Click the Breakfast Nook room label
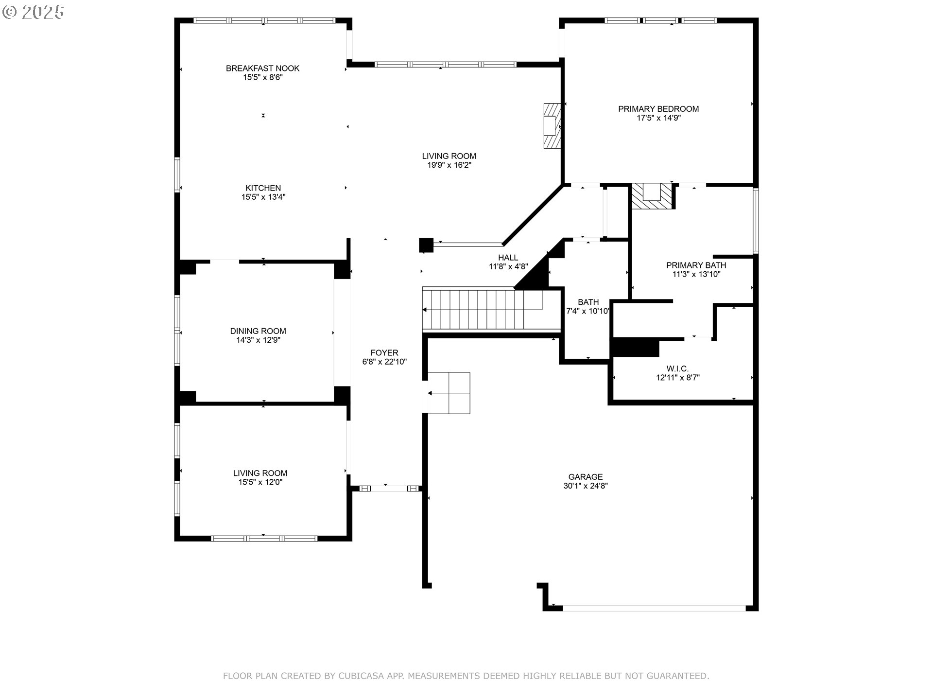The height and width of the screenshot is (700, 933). [x=262, y=69]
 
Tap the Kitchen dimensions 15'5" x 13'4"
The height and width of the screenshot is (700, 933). [x=263, y=197]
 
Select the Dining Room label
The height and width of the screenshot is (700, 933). [x=258, y=331]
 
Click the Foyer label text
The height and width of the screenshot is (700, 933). [x=384, y=353]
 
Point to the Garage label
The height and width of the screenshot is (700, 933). [x=585, y=477]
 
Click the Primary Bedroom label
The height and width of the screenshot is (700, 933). [x=658, y=109]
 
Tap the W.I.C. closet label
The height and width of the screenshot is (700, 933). [x=677, y=369]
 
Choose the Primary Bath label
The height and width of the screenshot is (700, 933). [x=696, y=265]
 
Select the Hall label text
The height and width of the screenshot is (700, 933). [x=508, y=258]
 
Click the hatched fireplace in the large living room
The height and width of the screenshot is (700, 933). [x=552, y=126]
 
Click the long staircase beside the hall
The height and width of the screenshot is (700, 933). [x=481, y=310]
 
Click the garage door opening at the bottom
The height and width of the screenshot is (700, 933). [x=654, y=608]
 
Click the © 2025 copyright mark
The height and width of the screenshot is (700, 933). [x=33, y=12]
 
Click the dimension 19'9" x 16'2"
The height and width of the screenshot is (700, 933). [x=449, y=165]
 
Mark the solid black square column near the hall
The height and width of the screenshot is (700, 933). [x=426, y=245]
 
